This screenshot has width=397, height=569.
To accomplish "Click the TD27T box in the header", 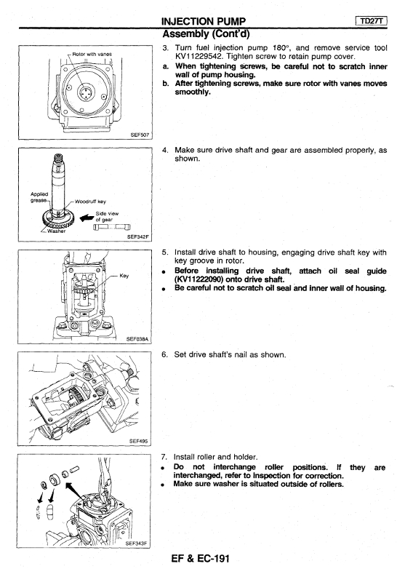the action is pyautogui.click(x=372, y=21).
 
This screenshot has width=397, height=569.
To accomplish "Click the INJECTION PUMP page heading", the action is pyautogui.click(x=204, y=22).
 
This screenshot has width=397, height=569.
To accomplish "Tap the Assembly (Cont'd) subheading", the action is pyautogui.click(x=206, y=33).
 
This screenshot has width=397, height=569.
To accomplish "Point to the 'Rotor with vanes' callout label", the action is pyautogui.click(x=92, y=54).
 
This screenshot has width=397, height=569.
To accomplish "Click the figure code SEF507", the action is pyautogui.click(x=140, y=135).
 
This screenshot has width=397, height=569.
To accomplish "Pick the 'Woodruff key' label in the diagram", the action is pyautogui.click(x=90, y=202).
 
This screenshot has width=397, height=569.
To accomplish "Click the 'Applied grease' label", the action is pyautogui.click(x=39, y=197).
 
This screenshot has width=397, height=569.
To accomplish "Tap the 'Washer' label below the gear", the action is pyautogui.click(x=56, y=231).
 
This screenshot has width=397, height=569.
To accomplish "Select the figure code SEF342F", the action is pyautogui.click(x=137, y=236).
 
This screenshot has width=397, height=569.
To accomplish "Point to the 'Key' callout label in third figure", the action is pyautogui.click(x=124, y=276).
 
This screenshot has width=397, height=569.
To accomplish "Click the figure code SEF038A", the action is pyautogui.click(x=137, y=339).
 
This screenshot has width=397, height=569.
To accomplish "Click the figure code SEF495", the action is pyautogui.click(x=138, y=441).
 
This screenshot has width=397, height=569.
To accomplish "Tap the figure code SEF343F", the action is pyautogui.click(x=136, y=544).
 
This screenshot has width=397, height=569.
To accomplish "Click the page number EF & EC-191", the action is pyautogui.click(x=200, y=558).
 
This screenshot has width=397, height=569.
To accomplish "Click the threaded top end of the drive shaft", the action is pyautogui.click(x=58, y=158).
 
